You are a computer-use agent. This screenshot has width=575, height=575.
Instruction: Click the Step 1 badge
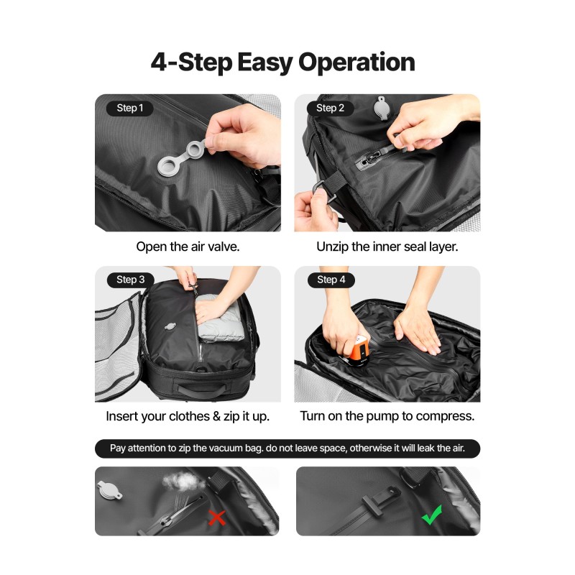(130, 109)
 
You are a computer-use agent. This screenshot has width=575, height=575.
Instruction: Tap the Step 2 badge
(330, 109)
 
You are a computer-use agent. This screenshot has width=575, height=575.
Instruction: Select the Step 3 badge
(131, 280)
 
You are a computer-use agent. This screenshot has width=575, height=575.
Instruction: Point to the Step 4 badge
(331, 280)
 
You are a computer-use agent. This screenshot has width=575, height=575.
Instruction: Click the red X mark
(217, 517)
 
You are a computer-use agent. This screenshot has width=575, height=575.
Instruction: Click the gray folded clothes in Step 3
(220, 318)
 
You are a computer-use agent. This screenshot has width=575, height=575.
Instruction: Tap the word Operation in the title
(356, 63)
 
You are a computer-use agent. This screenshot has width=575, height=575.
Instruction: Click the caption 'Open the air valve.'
(188, 247)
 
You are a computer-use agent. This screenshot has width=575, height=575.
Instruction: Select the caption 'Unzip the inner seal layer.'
(387, 247)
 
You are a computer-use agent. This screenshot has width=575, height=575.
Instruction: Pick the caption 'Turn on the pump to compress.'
(387, 416)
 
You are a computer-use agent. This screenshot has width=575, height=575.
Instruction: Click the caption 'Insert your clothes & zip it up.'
(188, 417)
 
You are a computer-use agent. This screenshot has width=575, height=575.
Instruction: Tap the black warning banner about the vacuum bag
(287, 448)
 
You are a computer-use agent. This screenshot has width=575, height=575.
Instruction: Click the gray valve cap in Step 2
(382, 108)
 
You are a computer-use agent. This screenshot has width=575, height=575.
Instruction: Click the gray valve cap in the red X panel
(110, 491)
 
